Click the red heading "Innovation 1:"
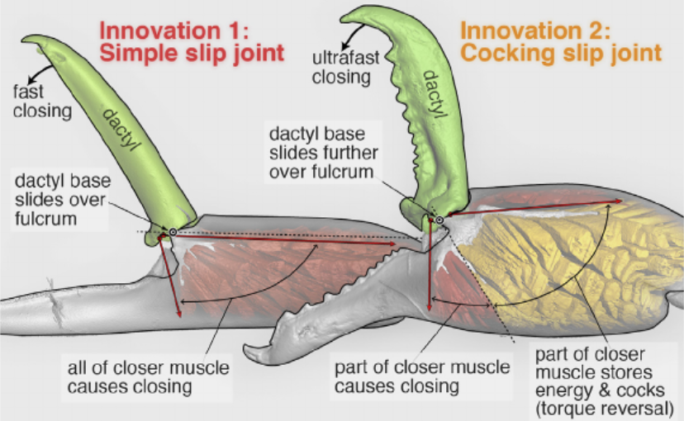coord(174,31)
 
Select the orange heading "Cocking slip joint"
coord(561,53)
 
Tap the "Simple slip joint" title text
coord(192,53)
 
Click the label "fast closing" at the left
coord(42,101)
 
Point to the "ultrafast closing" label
coord(345,68)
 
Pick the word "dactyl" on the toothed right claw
coord(437,94)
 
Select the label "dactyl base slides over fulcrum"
coord(63,200)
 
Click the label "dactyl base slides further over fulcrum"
coord(323,153)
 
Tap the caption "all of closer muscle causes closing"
coord(149,377)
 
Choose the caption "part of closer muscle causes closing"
coord(422,377)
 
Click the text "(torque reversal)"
coord(605,409)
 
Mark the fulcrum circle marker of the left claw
coord(173,232)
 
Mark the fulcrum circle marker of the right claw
coord(439,220)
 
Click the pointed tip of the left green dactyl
coord(22,40)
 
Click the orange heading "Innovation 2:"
coord(535,31)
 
